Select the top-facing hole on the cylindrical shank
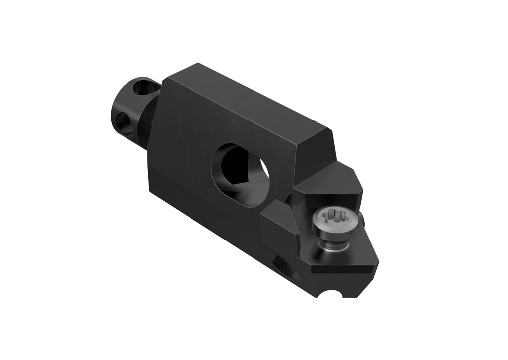[145, 89]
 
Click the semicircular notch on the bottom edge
[330, 294]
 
